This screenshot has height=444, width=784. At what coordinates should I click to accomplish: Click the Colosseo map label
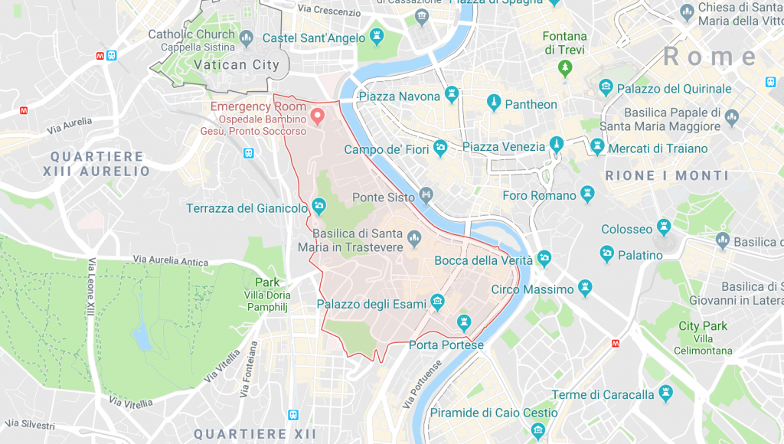[627, 229]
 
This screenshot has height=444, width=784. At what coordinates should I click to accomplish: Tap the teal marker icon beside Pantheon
[494, 103]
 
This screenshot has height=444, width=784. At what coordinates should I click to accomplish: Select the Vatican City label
[237, 65]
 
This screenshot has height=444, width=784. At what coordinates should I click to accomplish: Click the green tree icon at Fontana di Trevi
[565, 69]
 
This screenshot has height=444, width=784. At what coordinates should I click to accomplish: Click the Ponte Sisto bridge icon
[426, 197]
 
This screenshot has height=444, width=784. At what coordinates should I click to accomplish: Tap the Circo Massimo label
[532, 289]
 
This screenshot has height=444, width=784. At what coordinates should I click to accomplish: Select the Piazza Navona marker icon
[452, 96]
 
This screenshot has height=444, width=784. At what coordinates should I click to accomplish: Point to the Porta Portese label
[446, 345]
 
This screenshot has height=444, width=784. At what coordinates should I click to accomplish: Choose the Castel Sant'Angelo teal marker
[377, 37]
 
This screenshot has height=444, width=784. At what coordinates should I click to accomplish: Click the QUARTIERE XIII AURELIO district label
[100, 164]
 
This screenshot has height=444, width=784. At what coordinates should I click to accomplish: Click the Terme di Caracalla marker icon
[665, 394]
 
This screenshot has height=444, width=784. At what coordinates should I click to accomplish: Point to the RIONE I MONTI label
[667, 175]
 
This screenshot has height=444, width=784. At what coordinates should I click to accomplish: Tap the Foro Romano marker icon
[587, 194]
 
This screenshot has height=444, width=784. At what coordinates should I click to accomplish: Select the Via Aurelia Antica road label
[170, 261]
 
